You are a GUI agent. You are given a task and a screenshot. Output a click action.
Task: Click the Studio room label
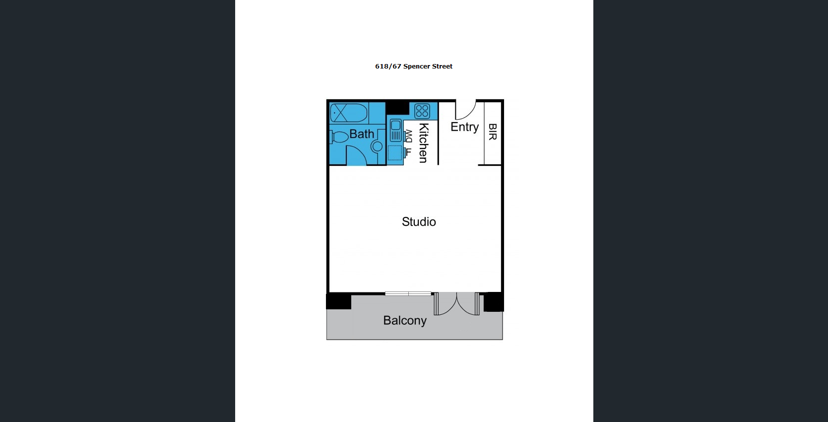419,221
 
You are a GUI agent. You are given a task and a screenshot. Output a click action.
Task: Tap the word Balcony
405,320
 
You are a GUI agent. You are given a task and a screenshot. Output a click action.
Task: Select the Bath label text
362,134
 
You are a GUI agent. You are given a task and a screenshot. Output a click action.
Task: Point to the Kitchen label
424,143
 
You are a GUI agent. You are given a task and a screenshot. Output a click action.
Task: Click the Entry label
465,127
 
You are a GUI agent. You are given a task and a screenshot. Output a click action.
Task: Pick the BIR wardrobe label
492,132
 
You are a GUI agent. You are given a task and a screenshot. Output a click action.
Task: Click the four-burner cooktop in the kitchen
422,111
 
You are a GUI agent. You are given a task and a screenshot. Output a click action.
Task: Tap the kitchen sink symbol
395,130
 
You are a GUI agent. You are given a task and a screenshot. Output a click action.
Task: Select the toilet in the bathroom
339,137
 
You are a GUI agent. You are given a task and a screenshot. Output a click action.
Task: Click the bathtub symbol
349,113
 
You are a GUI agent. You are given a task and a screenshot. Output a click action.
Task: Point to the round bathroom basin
377,146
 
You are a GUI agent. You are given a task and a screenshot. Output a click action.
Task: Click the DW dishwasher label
408,136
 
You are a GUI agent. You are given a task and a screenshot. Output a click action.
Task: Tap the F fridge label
408,151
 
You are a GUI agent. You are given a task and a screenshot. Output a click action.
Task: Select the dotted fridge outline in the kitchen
395,153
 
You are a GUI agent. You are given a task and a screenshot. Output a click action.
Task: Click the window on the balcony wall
408,293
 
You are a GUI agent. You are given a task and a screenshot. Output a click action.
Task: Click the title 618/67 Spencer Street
414,66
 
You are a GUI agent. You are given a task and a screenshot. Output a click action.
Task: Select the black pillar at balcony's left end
339,301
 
